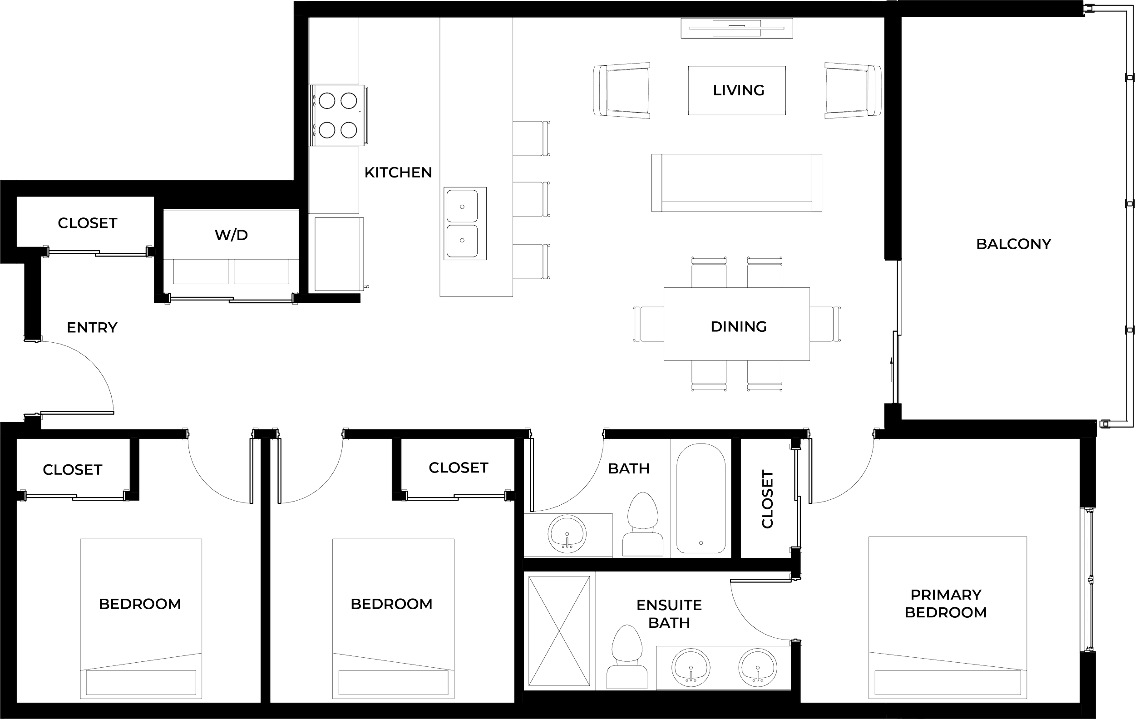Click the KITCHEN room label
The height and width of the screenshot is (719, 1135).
(x=398, y=172)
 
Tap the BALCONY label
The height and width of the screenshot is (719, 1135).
(x=1013, y=244)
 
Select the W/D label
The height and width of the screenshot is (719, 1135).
(x=232, y=235)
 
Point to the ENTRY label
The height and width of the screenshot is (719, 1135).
(x=92, y=327)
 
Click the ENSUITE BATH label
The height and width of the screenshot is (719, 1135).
(x=669, y=613)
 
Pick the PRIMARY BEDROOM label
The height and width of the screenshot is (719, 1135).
(x=946, y=604)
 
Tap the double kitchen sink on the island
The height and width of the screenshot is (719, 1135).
(x=465, y=223)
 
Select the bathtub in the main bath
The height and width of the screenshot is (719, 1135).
(x=701, y=497)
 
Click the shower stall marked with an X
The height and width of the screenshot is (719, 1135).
(x=558, y=631)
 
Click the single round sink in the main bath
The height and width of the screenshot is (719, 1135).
(x=567, y=534)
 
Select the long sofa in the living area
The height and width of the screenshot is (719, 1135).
(x=737, y=183)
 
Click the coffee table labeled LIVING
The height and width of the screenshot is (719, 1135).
(x=737, y=90)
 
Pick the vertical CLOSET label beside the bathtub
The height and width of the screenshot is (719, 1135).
(x=767, y=498)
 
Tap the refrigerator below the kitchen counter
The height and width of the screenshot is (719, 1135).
(x=337, y=255)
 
